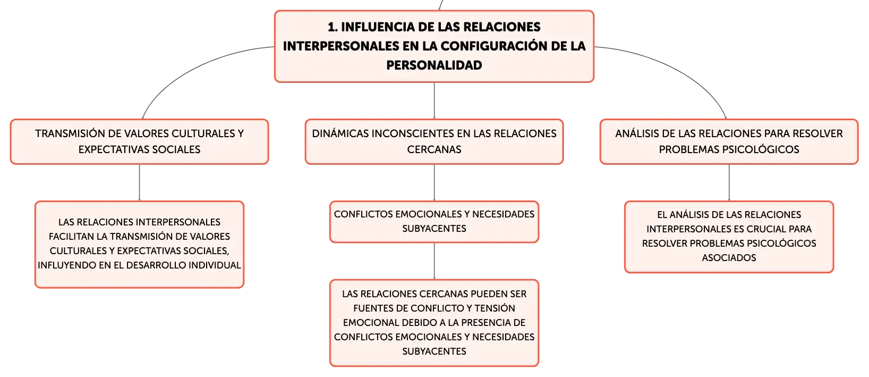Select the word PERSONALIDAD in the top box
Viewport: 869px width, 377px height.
434,65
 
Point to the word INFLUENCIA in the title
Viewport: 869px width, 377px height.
379,27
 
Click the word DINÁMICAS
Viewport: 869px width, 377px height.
340,133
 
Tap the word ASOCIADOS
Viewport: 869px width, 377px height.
729,257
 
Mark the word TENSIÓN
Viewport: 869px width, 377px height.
495,308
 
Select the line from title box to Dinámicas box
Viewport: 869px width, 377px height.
434,100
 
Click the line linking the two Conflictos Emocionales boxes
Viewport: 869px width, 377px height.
434,261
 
